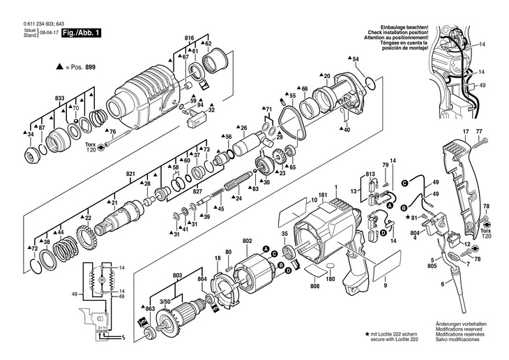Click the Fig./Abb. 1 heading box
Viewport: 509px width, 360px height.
tap(82, 33)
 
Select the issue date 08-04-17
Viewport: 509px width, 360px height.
tap(48, 33)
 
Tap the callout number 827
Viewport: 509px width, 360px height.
tap(197, 192)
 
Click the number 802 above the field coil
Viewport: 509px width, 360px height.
tap(247, 241)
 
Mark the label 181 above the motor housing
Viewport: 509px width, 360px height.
tap(323, 195)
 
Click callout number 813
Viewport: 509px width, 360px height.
tap(370, 172)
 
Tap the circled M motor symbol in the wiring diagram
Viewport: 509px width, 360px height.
tap(101, 279)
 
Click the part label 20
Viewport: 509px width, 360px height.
tap(326, 75)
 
